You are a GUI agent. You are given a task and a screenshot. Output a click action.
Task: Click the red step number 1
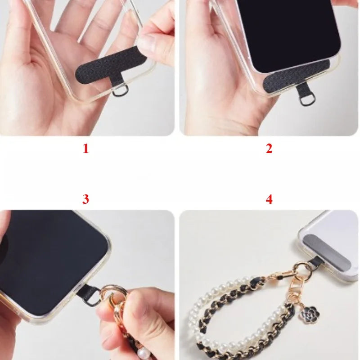click(85, 148)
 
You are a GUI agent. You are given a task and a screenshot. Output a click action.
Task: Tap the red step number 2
click(269, 148)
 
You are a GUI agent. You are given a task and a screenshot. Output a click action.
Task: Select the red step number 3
click(85, 199)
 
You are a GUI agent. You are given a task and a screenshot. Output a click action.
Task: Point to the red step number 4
click(269, 199)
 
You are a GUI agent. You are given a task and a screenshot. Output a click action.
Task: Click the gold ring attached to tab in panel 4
click(302, 269)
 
